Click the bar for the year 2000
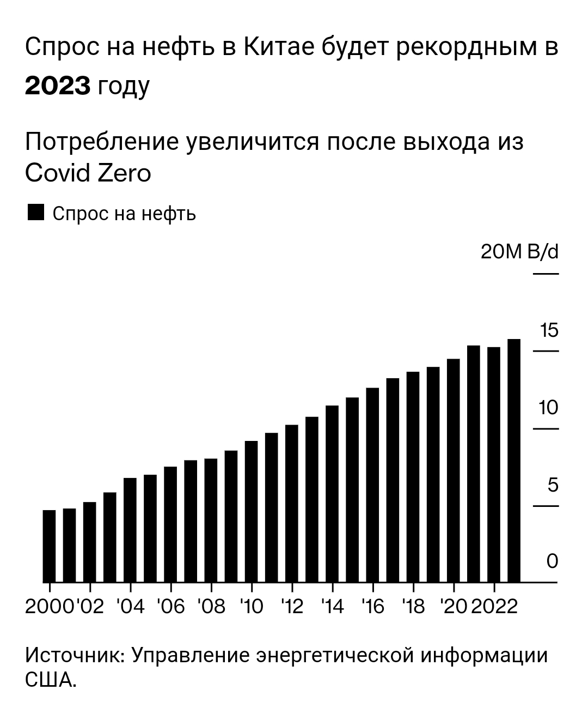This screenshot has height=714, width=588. [49, 546]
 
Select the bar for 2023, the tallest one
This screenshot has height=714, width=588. [514, 461]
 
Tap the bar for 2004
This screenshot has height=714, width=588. [130, 530]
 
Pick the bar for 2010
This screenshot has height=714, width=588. [251, 511]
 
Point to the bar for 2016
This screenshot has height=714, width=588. [372, 485]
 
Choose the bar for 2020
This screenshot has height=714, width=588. [453, 470]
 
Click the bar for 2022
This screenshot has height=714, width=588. [494, 464]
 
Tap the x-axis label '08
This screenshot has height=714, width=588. [211, 606]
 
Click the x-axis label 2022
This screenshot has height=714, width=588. [494, 606]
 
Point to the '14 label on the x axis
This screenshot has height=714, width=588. [333, 606]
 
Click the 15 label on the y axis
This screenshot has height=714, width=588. [549, 330]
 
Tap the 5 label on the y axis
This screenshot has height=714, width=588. [553, 485]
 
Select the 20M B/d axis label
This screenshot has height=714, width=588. [519, 252]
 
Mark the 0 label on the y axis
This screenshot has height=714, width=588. [552, 561]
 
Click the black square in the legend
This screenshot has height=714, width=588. [35, 213]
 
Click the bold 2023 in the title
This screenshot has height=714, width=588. [58, 86]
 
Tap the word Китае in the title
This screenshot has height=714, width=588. [276, 48]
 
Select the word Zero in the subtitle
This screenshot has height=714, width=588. [124, 173]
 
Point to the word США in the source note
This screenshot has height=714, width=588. [49, 680]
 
